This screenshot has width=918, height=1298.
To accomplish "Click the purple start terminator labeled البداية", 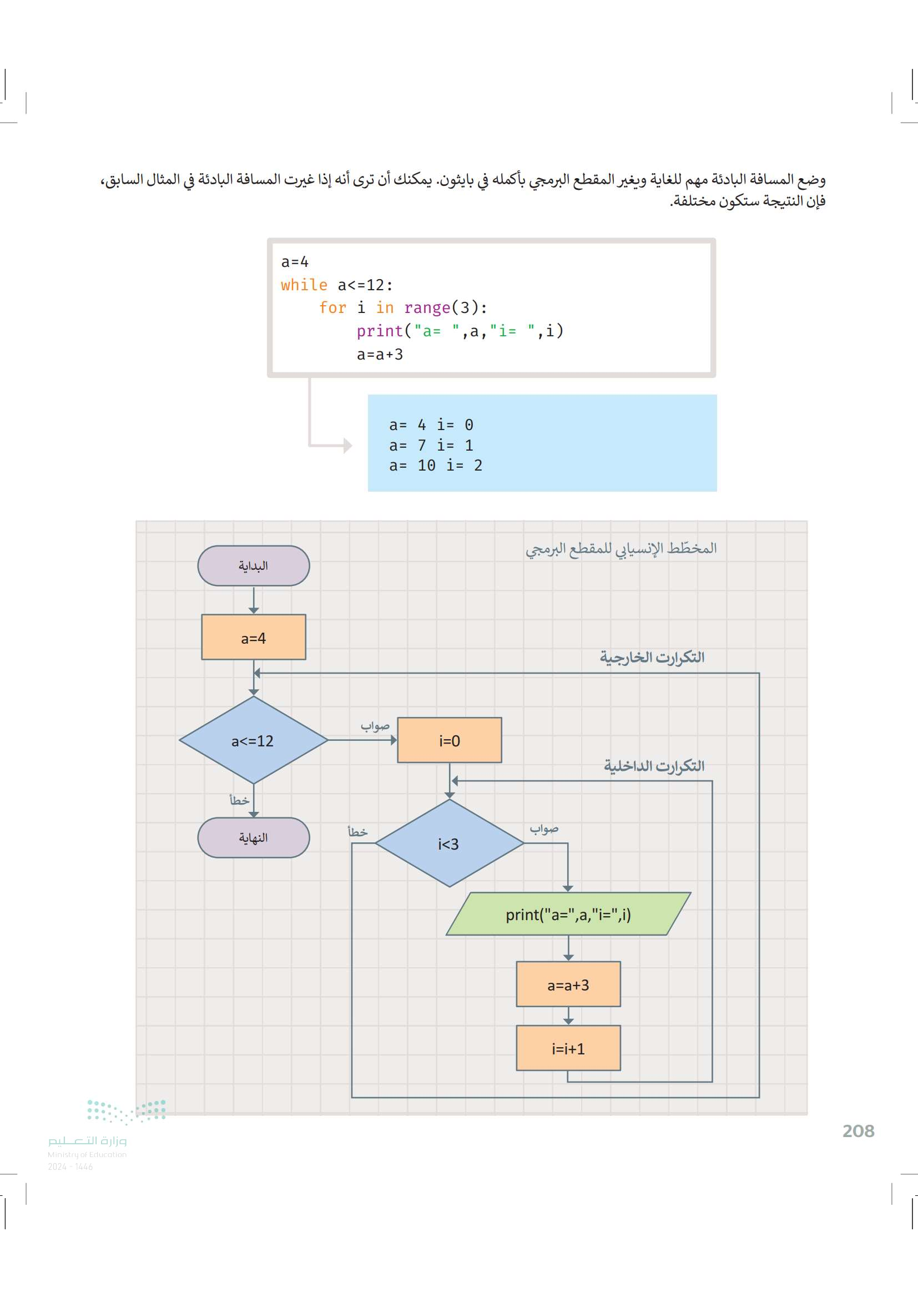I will tap(253, 565).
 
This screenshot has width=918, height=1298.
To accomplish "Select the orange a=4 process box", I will tap(253, 637).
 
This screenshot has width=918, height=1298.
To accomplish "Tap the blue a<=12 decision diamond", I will tap(253, 740).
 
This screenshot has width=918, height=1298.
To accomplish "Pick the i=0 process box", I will tap(450, 740).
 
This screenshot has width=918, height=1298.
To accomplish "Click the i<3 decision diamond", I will tap(450, 844).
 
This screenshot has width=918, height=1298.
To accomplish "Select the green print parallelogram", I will tap(568, 914).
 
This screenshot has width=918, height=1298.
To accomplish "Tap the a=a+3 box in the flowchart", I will tap(568, 985).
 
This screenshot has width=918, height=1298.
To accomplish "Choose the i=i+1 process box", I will tap(568, 1049).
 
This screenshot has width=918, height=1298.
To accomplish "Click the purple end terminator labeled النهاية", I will tap(253, 837).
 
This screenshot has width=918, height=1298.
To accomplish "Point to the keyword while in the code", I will tap(304, 285).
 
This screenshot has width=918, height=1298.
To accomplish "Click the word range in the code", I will tap(427, 308).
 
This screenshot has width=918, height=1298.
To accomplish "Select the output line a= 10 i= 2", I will tap(435, 465).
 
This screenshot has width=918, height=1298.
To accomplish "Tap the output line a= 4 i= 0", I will tap(431, 425).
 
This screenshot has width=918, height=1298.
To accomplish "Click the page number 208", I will tap(858, 1130).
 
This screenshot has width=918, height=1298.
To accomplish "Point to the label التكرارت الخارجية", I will tap(652, 657).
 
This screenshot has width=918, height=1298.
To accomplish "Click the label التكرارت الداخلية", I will tap(653, 766).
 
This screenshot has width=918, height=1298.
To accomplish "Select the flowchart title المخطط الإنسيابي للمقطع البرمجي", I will tap(621, 548).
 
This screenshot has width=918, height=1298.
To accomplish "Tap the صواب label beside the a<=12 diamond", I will tap(375, 726).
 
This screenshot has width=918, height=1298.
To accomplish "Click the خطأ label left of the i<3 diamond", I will tap(357, 832).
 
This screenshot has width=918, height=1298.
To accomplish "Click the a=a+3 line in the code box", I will tap(380, 355).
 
